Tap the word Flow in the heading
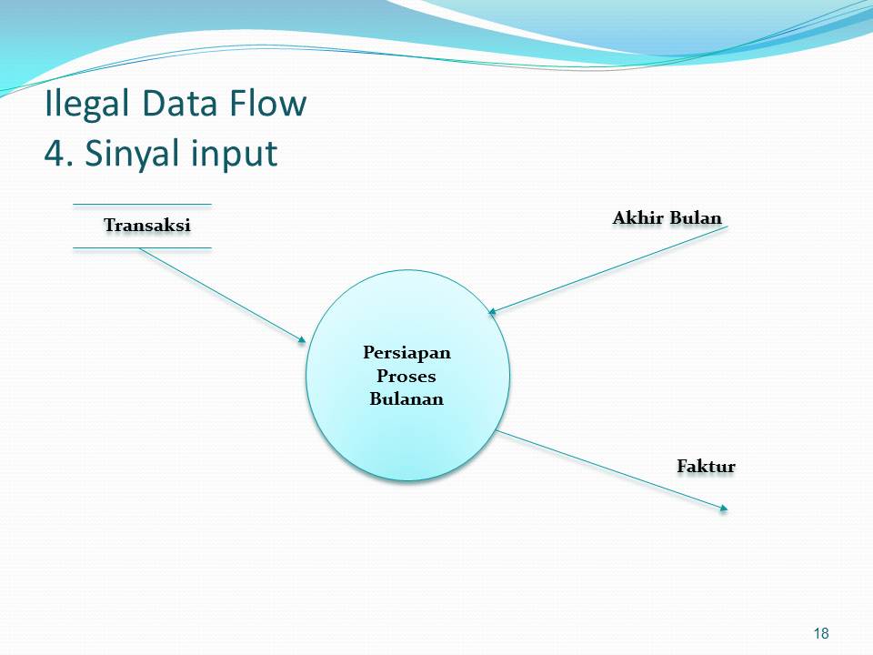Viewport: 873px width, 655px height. [268, 105]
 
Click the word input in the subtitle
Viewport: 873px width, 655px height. [234, 154]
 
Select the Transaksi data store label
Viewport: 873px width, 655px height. [147, 225]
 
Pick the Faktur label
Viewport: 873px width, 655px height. [706, 466]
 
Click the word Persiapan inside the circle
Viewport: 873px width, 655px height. [406, 352]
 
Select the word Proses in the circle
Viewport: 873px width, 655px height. [406, 375]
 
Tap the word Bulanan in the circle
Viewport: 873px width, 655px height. [406, 398]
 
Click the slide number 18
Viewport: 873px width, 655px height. [821, 633]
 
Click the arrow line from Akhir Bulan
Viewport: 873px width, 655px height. [609, 269]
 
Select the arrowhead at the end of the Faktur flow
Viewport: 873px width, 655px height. [724, 509]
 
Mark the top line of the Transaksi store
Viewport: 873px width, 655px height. [142, 204]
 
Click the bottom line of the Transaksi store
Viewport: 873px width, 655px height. [142, 247]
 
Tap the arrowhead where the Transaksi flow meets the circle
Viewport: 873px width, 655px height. [302, 340]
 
